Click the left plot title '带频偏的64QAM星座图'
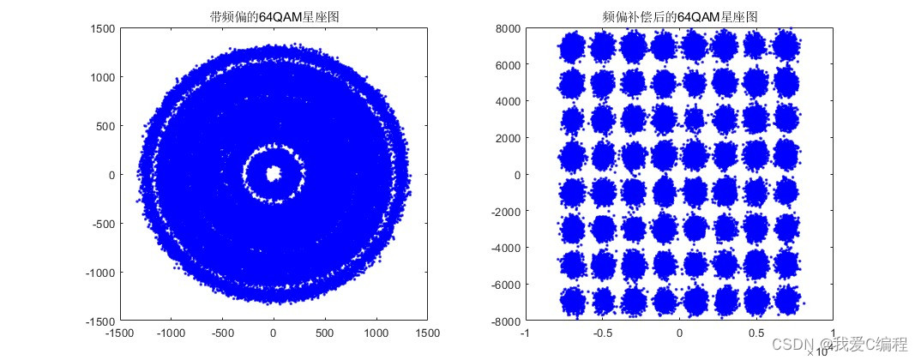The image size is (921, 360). (273, 16)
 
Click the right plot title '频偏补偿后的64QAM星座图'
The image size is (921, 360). (679, 16)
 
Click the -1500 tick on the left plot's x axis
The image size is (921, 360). (119, 333)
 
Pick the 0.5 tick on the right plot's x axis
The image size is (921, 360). (755, 333)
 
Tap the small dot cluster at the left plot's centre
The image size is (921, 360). (274, 174)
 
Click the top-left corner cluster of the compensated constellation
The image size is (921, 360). (571, 46)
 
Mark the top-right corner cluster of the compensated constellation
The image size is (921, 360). (786, 46)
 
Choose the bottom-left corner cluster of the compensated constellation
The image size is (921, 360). (572, 302)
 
